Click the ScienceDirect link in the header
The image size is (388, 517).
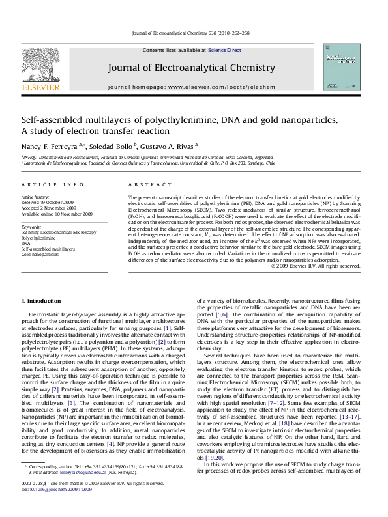[225, 50]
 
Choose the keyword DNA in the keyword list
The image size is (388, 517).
[27, 243]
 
